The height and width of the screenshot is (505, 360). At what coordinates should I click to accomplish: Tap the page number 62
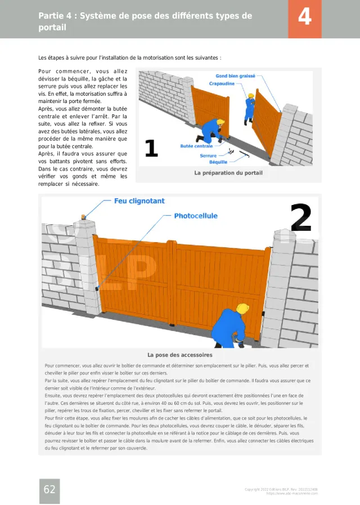coord(49,489)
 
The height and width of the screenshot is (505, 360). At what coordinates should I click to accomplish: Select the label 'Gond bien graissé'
coord(235,76)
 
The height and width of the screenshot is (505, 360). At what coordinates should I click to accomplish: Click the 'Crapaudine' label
coord(222,83)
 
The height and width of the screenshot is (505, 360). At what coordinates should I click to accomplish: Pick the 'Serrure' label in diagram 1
coord(208,155)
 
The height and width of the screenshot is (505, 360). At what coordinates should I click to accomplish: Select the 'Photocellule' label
coord(195,216)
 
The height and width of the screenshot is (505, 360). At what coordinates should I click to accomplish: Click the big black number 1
coord(151,148)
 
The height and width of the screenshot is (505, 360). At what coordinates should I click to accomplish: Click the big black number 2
coord(301,218)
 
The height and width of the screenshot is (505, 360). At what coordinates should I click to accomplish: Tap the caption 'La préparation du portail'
coord(228,173)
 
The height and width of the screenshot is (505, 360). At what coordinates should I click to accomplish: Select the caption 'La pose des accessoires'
coord(179,355)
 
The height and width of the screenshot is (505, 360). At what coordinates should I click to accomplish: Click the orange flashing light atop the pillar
coord(84,216)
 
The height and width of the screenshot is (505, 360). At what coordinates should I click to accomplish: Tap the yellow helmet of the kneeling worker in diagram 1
coord(220,122)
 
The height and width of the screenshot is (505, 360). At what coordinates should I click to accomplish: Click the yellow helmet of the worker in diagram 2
coord(242,309)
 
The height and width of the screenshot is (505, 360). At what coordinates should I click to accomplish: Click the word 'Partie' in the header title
coord(51,16)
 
